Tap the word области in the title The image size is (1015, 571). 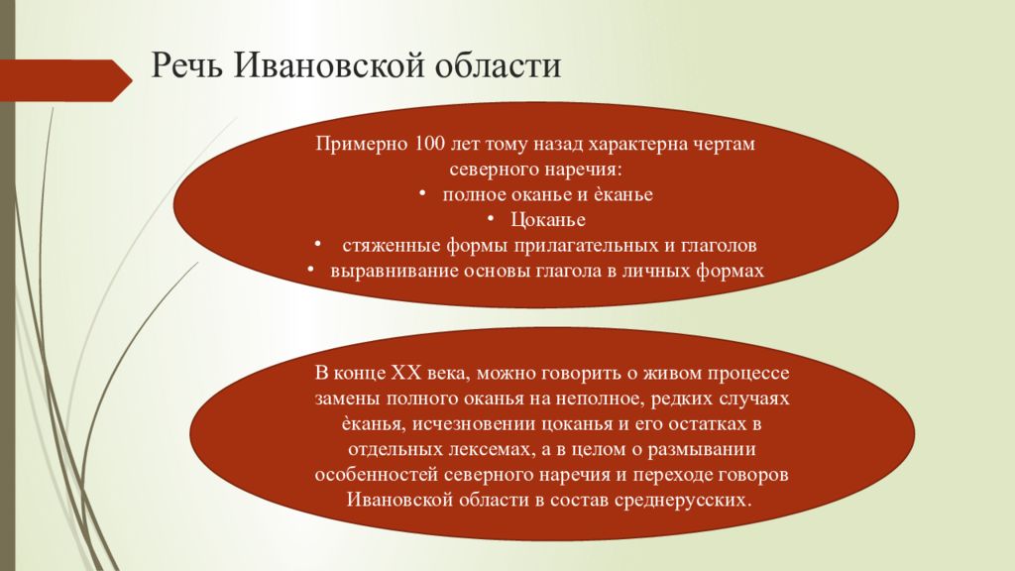click(497, 65)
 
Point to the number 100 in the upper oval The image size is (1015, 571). click(430, 143)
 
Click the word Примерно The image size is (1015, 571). click(362, 144)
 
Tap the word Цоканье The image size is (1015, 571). click(547, 219)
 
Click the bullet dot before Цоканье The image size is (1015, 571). click(492, 219)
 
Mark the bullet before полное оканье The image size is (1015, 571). click(422, 193)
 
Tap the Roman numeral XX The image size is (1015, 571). click(405, 373)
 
